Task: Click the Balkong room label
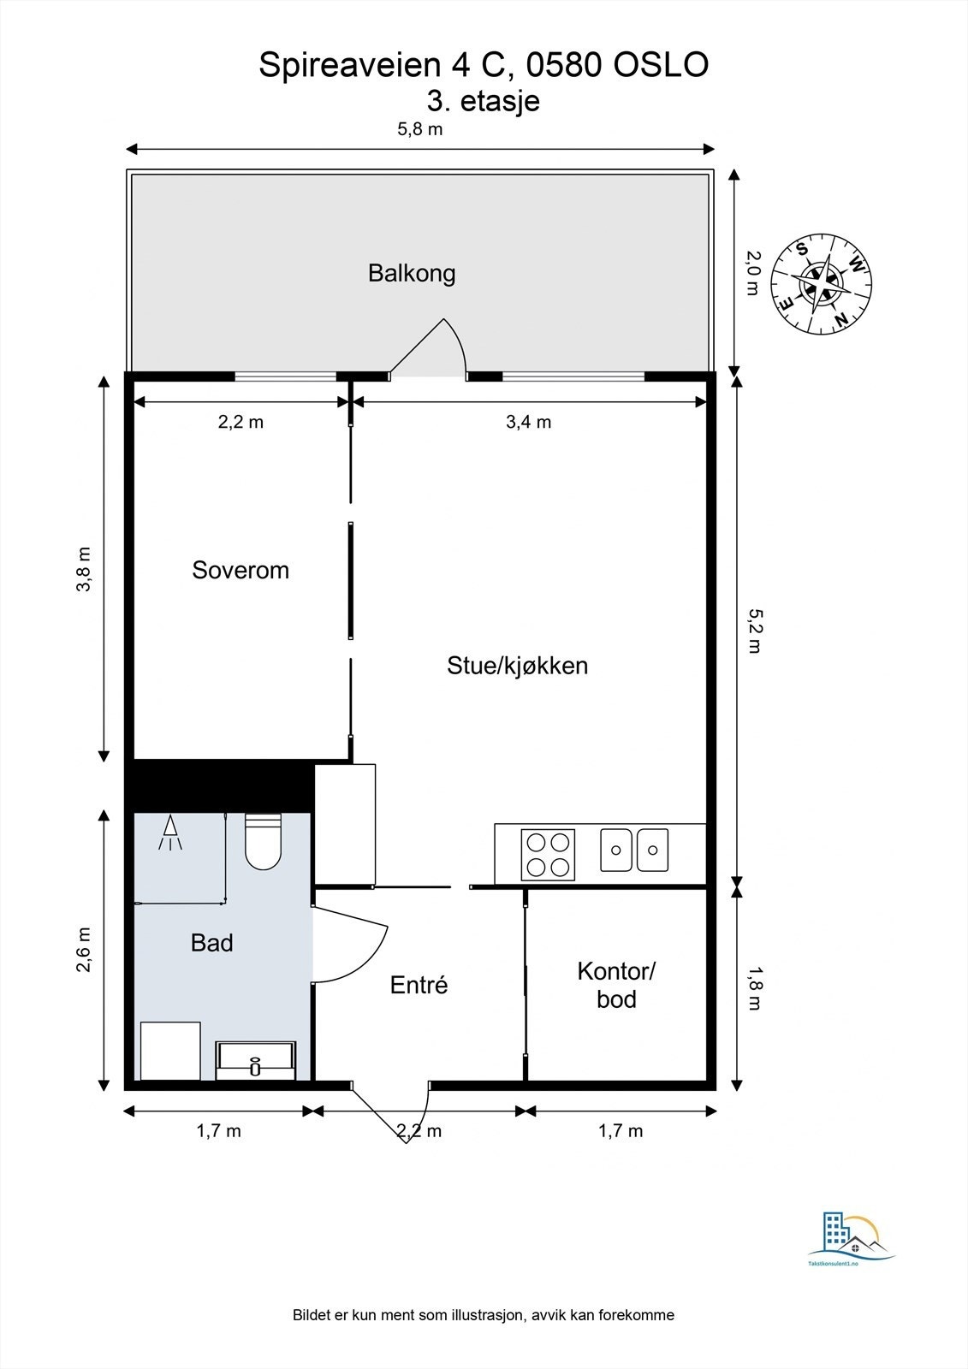[412, 273]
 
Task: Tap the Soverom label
[241, 570]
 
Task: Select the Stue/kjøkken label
[517, 666]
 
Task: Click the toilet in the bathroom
[263, 842]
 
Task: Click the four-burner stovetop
[548, 855]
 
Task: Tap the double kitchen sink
[634, 850]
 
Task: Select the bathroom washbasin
[255, 1060]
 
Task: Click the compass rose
[822, 285]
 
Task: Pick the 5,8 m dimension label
[419, 130]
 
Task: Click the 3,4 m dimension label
[528, 422]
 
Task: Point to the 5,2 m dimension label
[753, 631]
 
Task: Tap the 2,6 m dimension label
[84, 950]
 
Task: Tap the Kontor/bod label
[616, 985]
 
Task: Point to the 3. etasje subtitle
[484, 101]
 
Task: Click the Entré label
[419, 985]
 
